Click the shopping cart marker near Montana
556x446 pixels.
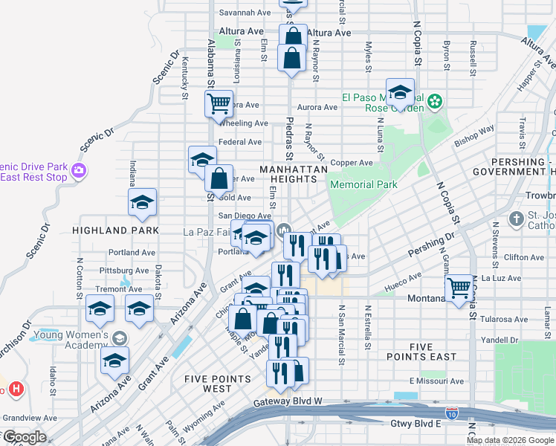pos(459,287)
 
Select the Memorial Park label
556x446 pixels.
pos(363,184)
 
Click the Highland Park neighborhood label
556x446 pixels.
pos(115,230)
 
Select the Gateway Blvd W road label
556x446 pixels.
pos(287,401)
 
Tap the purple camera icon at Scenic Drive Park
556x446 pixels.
pos(80,172)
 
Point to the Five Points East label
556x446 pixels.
pos(442,352)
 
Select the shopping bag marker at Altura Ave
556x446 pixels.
pos(294,36)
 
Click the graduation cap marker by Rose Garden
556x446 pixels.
pos(400,92)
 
